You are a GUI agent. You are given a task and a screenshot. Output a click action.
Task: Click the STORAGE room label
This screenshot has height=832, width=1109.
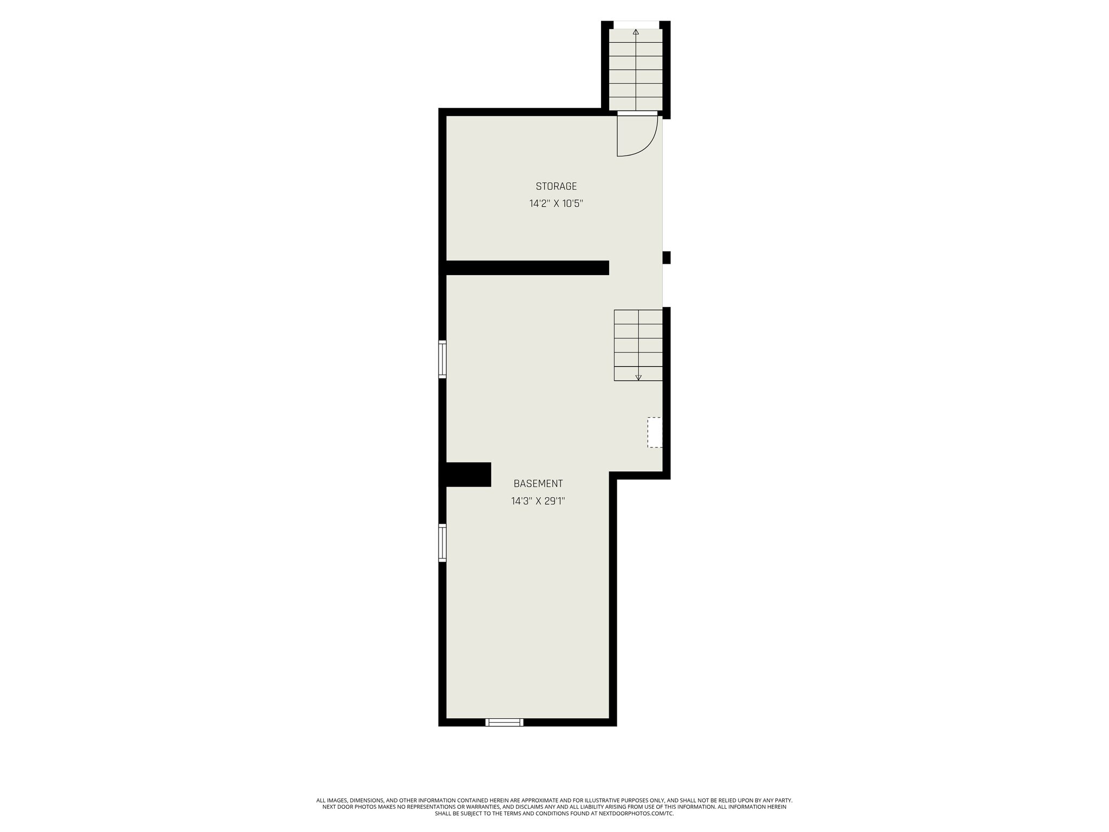click(556, 186)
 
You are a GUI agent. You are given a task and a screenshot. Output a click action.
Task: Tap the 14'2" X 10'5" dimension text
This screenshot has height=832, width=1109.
click(556, 204)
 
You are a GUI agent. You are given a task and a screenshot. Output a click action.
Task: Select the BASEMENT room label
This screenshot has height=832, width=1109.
click(538, 484)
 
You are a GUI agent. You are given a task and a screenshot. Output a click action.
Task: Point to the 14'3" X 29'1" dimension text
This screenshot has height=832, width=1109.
click(538, 502)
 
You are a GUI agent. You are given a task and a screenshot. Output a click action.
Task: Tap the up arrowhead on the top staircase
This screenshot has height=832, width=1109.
click(636, 32)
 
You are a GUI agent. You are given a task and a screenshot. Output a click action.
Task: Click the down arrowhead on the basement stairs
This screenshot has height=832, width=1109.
click(638, 377)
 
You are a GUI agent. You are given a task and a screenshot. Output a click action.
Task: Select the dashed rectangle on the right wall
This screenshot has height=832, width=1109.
click(655, 432)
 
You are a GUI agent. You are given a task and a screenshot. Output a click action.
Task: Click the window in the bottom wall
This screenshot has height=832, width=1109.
click(504, 722)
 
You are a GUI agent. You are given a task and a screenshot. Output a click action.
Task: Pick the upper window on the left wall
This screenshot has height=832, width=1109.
click(442, 359)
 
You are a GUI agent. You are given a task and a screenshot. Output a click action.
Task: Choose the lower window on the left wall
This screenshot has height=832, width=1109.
click(442, 543)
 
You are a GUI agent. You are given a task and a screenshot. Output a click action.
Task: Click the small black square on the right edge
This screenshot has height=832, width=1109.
click(667, 257)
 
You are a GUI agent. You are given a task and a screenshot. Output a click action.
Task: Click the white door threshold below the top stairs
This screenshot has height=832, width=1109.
click(637, 113)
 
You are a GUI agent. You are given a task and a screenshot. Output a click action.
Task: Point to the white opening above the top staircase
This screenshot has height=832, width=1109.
click(636, 24)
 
